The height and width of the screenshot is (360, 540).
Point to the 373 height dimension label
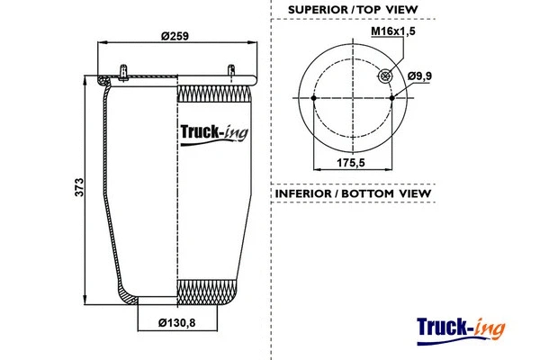pyautogui.click(x=79, y=187)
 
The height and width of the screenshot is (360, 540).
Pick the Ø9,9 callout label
pyautogui.click(x=420, y=76)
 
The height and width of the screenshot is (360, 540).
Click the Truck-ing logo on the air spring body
pyautogui.click(x=215, y=136)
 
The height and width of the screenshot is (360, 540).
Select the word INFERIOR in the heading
pyautogui.click(x=303, y=193)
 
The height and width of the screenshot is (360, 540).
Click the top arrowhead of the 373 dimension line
pyautogui.click(x=87, y=77)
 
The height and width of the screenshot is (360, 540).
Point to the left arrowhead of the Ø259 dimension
pyautogui.click(x=99, y=42)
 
